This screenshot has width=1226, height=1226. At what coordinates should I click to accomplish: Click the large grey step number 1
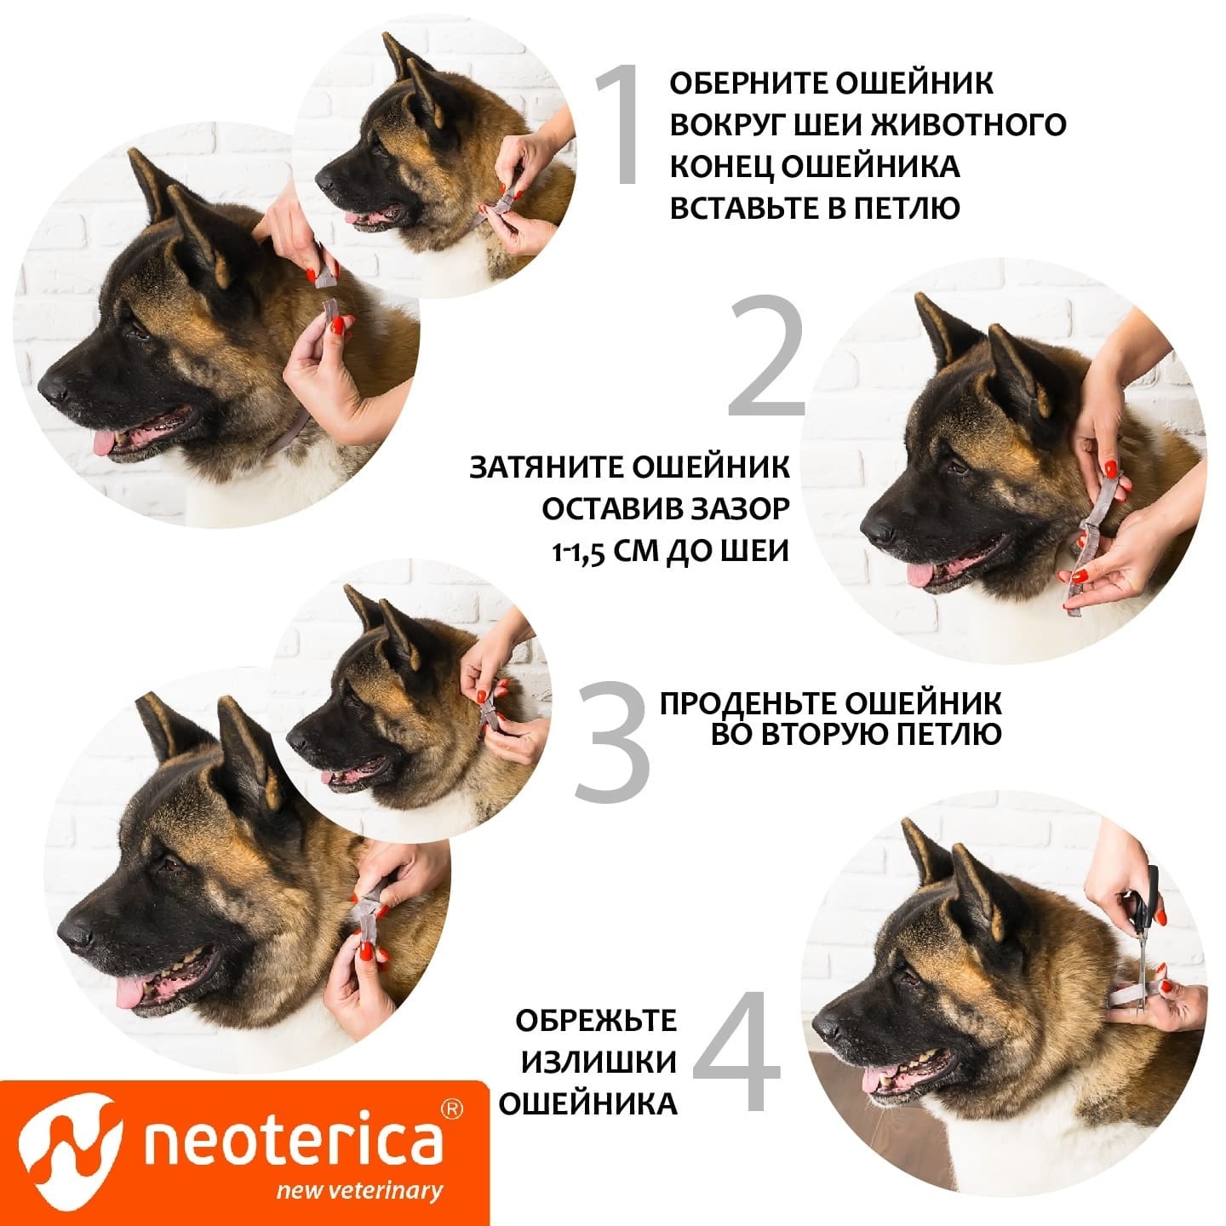pyautogui.click(x=618, y=124)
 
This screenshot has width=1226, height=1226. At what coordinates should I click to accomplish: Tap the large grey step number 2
pyautogui.click(x=766, y=356)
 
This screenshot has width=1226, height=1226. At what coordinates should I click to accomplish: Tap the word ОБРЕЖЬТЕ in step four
pyautogui.click(x=596, y=1021)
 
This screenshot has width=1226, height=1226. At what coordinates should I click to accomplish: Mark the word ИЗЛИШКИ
pyautogui.click(x=599, y=1062)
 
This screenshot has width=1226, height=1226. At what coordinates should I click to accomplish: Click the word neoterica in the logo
pyautogui.click(x=293, y=1139)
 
